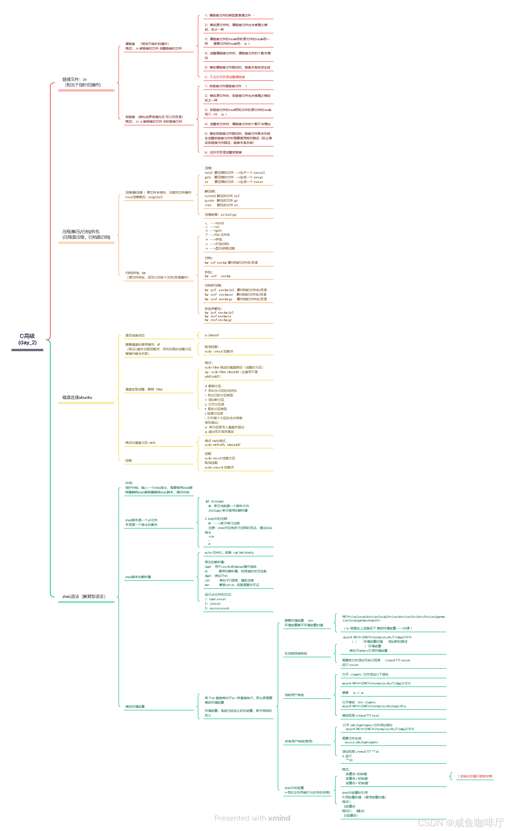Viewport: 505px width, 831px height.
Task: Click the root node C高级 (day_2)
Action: point(27,339)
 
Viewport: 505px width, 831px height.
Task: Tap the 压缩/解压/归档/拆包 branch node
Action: point(86,234)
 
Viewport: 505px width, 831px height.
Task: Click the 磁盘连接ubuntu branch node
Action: point(77,397)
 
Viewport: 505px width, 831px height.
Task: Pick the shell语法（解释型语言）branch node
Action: point(84,597)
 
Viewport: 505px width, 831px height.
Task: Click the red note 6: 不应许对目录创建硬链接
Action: point(225,77)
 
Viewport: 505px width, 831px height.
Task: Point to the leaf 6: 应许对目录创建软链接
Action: point(223,153)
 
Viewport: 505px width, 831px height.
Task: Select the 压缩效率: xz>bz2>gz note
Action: point(221,215)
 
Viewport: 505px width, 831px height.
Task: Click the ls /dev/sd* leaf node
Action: point(212,335)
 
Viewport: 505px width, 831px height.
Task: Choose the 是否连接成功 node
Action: point(135,336)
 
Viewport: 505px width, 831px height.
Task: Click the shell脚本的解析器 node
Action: point(138,577)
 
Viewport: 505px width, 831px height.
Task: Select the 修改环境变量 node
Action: point(135,707)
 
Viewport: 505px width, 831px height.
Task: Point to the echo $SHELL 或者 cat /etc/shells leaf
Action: point(229,553)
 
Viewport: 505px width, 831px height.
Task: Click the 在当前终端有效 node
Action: point(296,654)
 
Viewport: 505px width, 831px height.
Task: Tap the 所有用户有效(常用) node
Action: point(299,741)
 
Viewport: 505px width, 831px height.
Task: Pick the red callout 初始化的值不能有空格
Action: point(475,776)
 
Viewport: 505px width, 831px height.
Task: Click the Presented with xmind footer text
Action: point(252,818)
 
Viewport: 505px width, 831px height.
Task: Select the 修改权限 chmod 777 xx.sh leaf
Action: point(360,716)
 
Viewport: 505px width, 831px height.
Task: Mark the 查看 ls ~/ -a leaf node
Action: point(352,693)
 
